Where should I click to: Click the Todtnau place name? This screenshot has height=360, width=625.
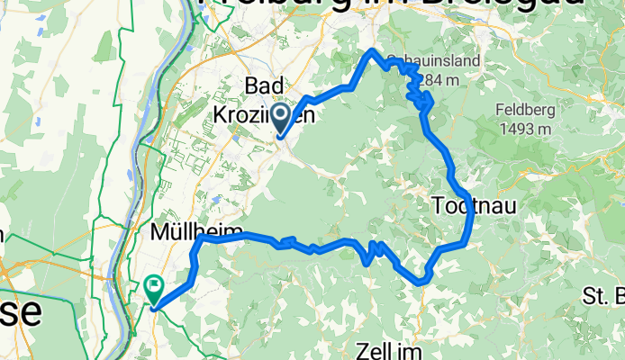coord(474,205)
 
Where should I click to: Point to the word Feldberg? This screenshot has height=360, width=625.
coord(523,111)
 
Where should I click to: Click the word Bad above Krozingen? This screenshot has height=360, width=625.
coord(267,84)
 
